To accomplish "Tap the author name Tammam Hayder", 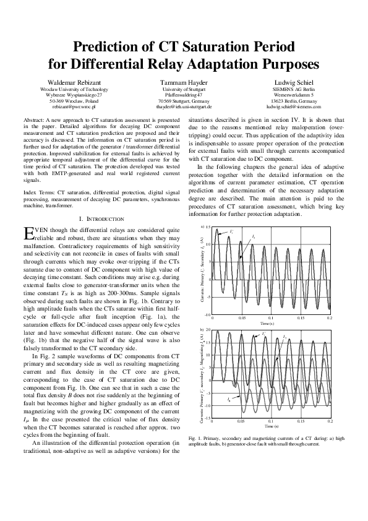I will pyautogui.click(x=183, y=82).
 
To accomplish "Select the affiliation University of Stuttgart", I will pyautogui.click(x=183, y=89).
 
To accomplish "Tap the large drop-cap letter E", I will pyautogui.click(x=27, y=233).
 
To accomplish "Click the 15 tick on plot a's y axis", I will pyautogui.click(x=208, y=228).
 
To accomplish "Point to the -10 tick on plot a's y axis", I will pyautogui.click(x=208, y=315).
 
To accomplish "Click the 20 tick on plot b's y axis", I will pyautogui.click(x=208, y=330).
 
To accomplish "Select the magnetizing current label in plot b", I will pyautogui.click(x=229, y=400).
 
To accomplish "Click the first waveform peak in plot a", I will pyautogui.click(x=215, y=230).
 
